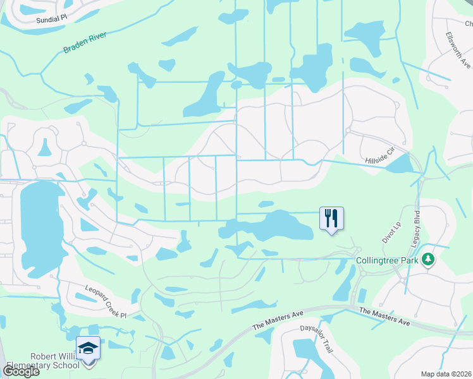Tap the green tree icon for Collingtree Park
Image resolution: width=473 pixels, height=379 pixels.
click(x=429, y=260)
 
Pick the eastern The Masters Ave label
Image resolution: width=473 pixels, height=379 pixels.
click(x=384, y=316)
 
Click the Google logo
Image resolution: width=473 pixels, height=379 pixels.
click(x=21, y=371)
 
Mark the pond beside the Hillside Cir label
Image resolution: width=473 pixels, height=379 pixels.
click(x=398, y=164)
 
